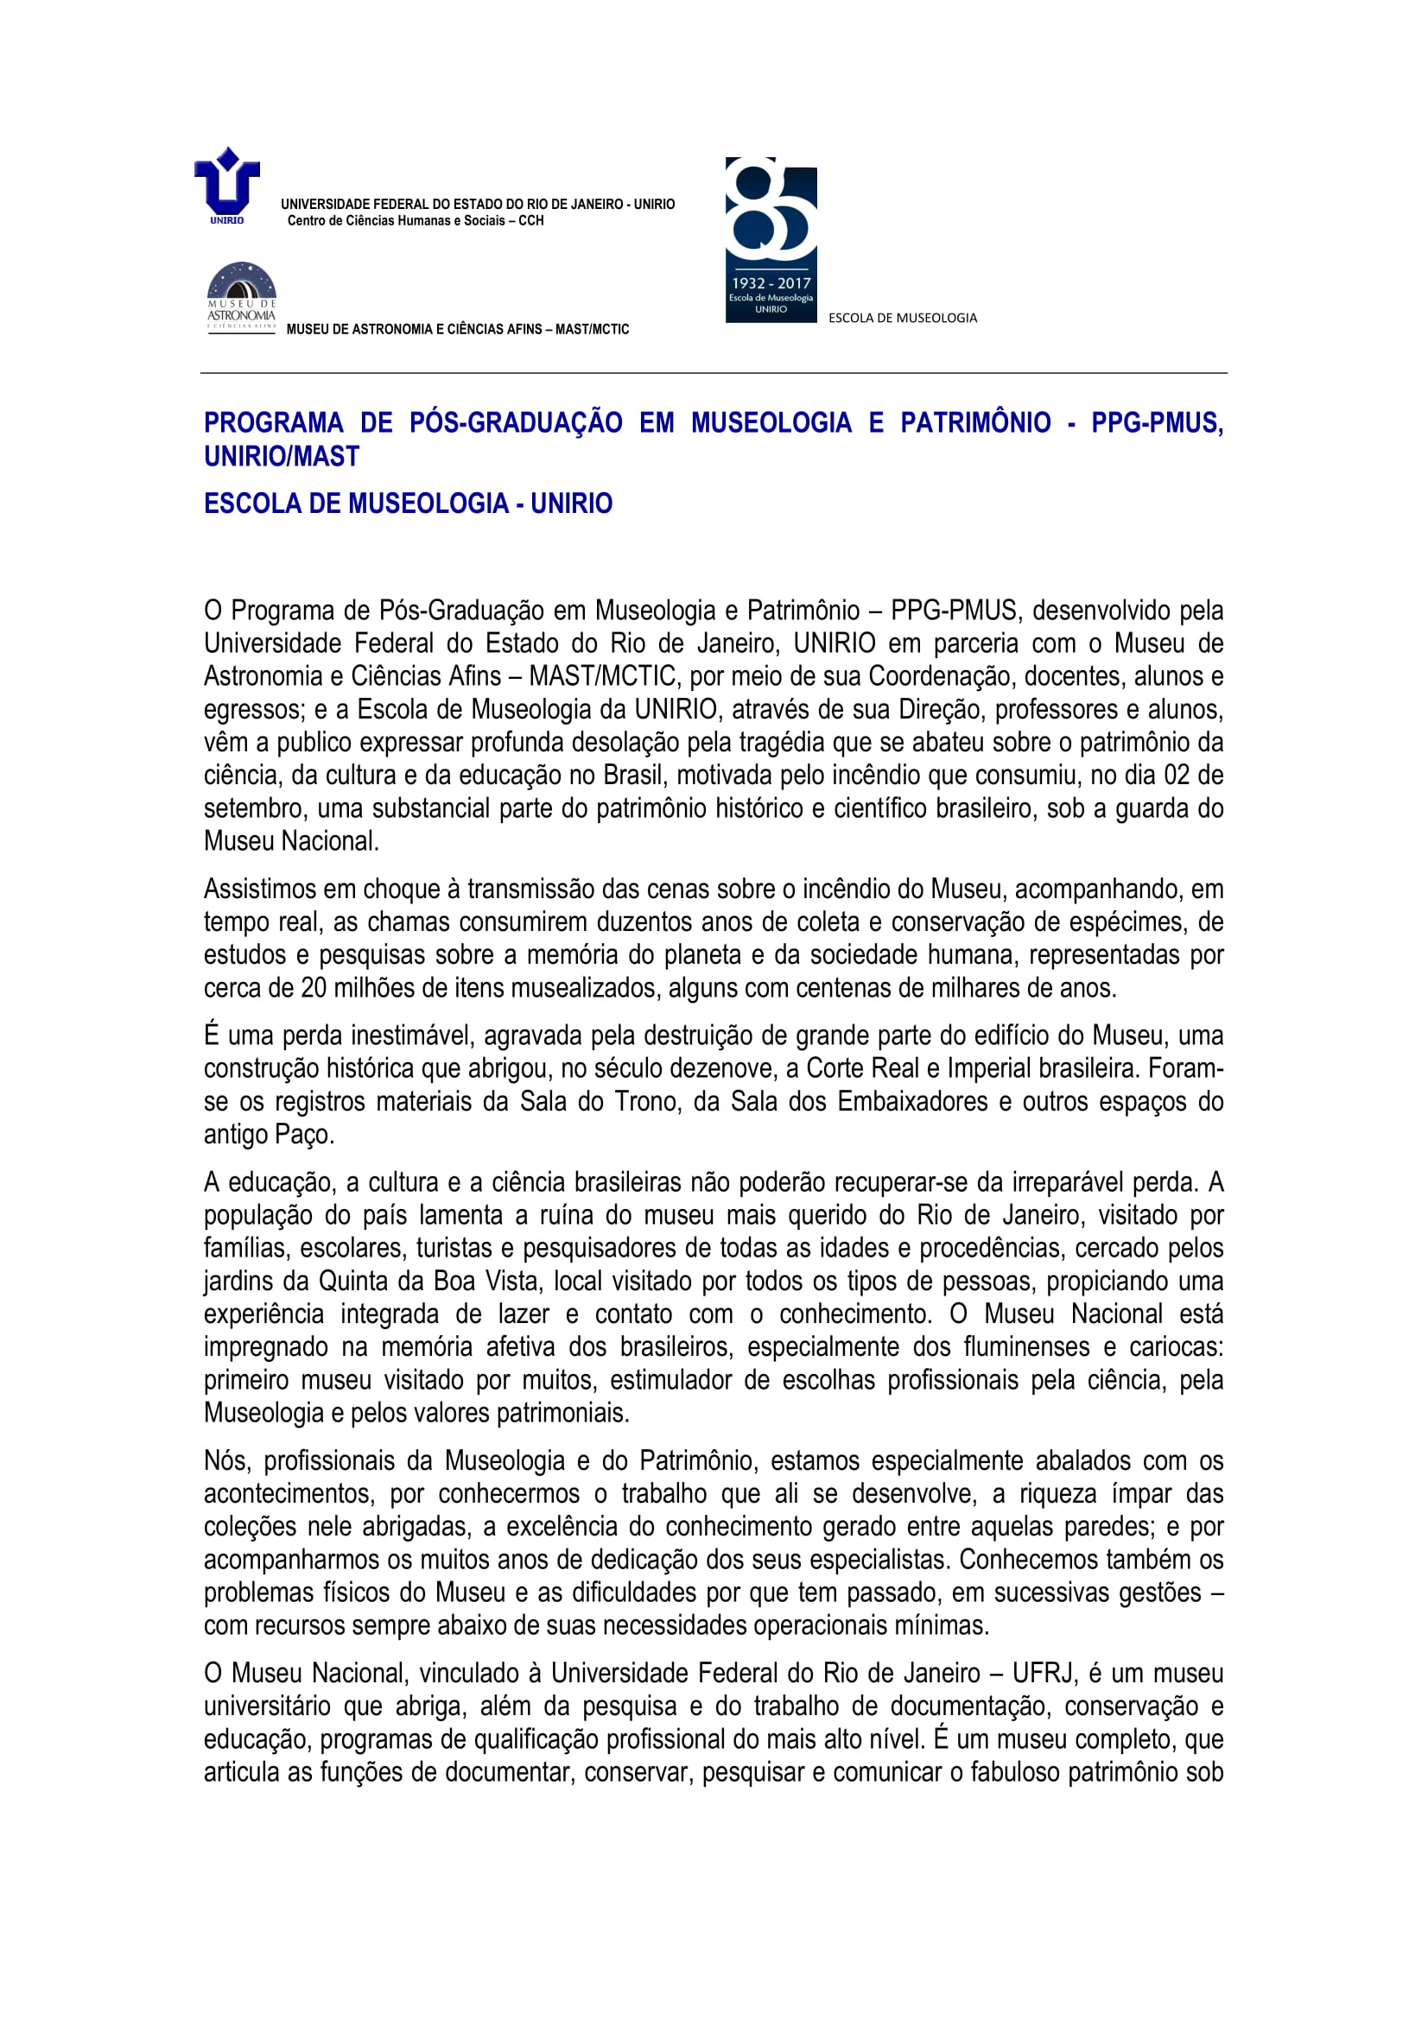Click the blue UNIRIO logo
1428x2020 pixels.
pos(227,185)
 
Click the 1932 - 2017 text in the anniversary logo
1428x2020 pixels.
pos(771,283)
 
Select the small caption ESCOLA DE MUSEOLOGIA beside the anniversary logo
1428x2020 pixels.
pos(902,318)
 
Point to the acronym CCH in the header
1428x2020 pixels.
pos(530,221)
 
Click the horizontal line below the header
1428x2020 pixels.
pos(713,373)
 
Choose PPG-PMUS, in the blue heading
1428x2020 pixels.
pos(1156,423)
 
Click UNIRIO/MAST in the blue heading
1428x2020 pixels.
pos(282,457)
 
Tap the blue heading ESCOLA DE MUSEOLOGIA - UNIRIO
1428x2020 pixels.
pos(409,503)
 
